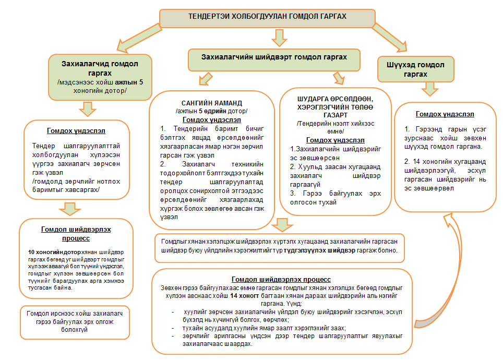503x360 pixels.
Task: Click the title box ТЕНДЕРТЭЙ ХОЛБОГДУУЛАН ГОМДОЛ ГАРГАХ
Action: point(267,17)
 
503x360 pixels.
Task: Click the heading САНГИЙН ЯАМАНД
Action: point(211,103)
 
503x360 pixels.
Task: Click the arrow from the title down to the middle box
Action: point(279,37)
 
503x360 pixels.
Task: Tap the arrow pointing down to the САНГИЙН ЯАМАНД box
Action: point(204,80)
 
